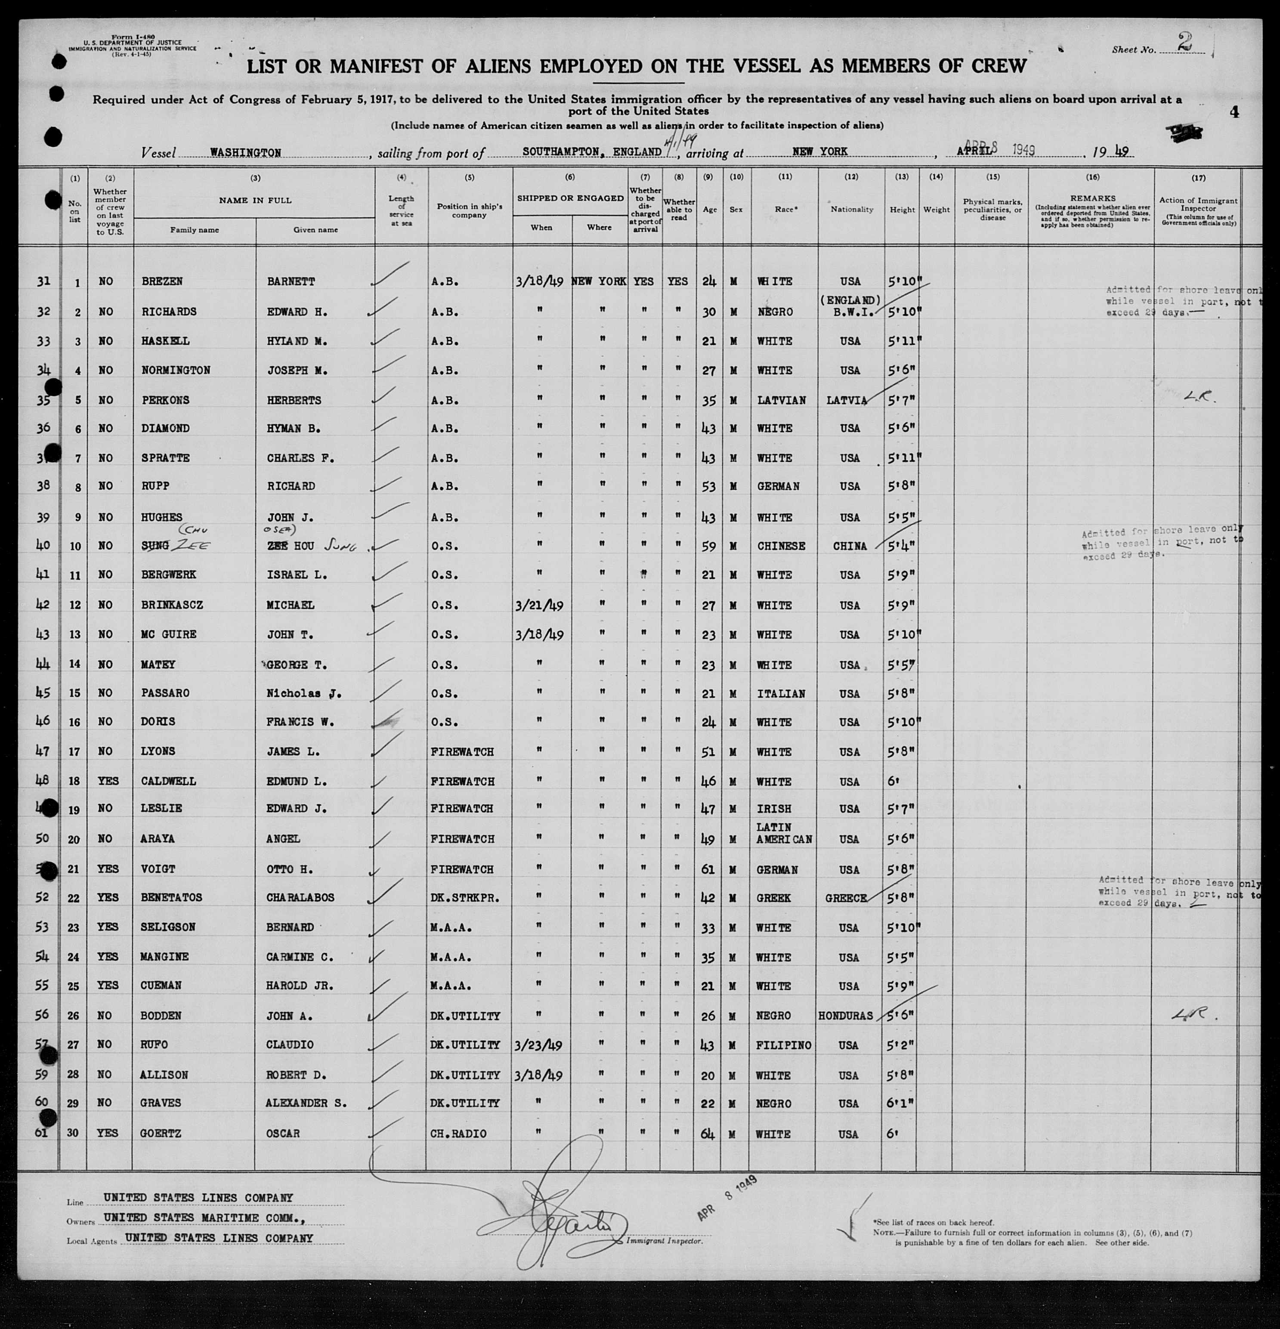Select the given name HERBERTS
click(294, 400)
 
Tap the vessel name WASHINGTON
click(245, 152)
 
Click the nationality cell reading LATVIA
click(847, 400)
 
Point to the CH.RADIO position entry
click(458, 1134)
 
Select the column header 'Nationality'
click(851, 210)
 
